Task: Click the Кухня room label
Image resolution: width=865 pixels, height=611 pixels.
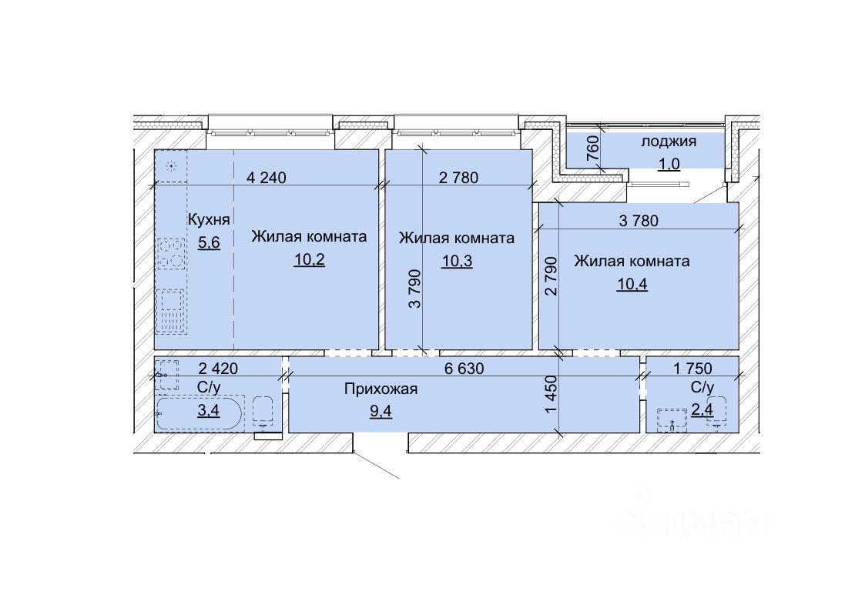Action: coord(209,219)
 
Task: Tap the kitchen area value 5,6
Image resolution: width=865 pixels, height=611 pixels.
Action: coord(209,242)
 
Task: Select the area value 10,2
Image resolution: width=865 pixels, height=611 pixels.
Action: coord(309,259)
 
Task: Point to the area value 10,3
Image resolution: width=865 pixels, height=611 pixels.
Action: coord(457,261)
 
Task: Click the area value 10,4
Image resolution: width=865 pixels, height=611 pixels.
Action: coord(632,284)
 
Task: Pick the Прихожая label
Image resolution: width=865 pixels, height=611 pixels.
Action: coord(381,389)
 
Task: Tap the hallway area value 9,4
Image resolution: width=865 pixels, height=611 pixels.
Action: coord(381,410)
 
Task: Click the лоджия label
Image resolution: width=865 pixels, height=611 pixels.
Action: coord(668,142)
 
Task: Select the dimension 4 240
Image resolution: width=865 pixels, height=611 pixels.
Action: coord(266,178)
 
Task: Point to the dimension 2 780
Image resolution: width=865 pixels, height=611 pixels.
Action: coord(458,178)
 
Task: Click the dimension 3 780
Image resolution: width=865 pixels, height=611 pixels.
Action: coord(639,220)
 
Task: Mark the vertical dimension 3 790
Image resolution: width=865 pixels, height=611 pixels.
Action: coord(415,288)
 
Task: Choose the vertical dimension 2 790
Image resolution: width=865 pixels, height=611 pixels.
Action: coord(552,276)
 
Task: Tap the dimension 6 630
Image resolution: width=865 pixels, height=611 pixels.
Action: coord(464,368)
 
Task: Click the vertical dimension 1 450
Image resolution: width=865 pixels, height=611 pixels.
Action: coord(552,395)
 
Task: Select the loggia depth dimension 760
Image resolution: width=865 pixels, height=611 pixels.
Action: coord(592,148)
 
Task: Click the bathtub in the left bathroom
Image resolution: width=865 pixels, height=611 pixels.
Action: coord(199,414)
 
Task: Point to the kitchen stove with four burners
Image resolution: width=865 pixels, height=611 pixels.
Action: coord(171,253)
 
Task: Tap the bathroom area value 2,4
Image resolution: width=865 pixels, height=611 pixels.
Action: coord(702,410)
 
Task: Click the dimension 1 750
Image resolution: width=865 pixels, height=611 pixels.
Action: coord(692,368)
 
